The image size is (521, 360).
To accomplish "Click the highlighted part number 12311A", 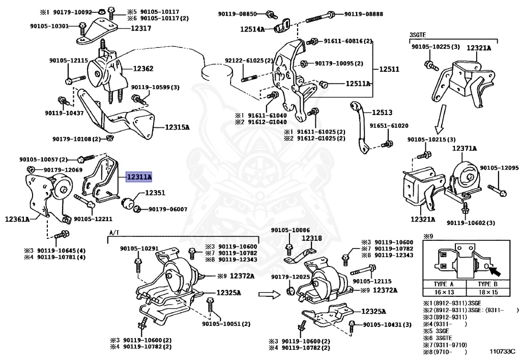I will click(x=139, y=177).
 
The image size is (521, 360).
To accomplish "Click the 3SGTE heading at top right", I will click(x=417, y=35).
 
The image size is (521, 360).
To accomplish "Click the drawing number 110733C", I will click(x=502, y=351).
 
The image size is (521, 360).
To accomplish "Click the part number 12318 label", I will click(x=311, y=238).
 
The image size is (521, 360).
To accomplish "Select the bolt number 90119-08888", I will click(x=363, y=14).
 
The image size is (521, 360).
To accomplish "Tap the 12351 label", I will click(x=156, y=193).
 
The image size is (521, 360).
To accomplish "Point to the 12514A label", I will click(x=252, y=30).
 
